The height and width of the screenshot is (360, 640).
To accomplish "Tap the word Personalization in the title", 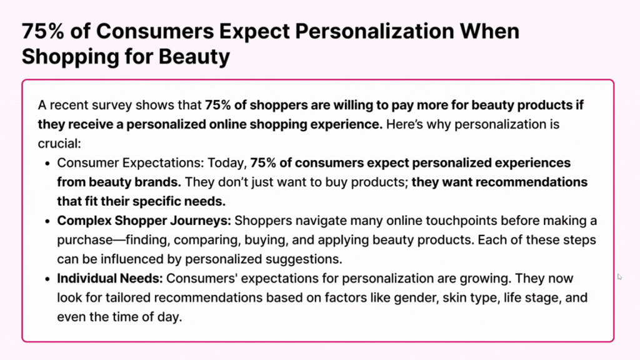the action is click(374, 31).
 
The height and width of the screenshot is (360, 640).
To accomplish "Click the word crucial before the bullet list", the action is click(59, 144).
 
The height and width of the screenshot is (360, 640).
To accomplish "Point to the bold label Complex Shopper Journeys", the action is click(144, 221).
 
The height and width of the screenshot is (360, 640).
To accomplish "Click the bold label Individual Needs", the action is click(110, 278).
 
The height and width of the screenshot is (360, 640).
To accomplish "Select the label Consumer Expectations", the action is click(130, 163).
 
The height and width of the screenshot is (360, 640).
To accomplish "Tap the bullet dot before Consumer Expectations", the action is click(47, 164).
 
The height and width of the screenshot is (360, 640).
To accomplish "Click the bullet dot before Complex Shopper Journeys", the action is click(47, 222).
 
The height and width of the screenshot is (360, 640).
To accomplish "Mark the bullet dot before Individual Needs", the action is click(47, 279).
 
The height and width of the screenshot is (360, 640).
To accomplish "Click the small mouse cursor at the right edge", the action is click(619, 277).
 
